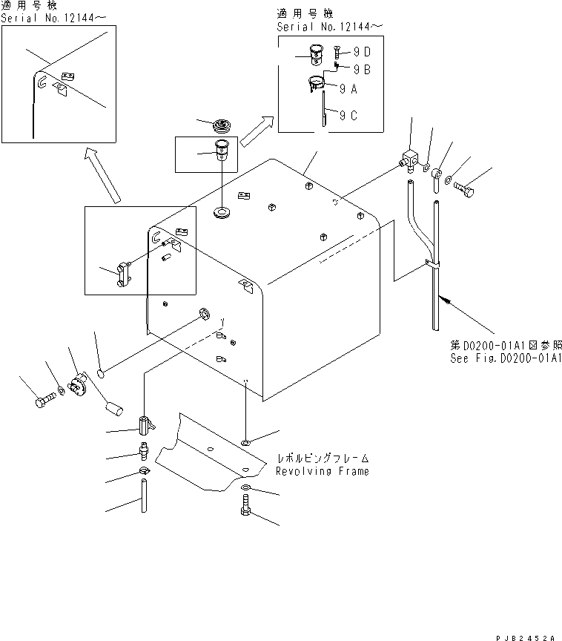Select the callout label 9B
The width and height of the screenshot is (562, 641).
pyautogui.click(x=363, y=69)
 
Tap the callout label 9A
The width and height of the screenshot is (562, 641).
pyautogui.click(x=349, y=88)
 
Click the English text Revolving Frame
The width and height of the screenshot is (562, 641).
pyautogui.click(x=322, y=471)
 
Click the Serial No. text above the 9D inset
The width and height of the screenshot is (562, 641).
pyautogui.click(x=331, y=27)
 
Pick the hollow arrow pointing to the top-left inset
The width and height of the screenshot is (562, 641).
pyautogui.click(x=102, y=174)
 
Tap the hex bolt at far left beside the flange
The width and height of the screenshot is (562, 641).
pyautogui.click(x=43, y=403)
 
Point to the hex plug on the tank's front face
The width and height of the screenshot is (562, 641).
pyautogui.click(x=202, y=315)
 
